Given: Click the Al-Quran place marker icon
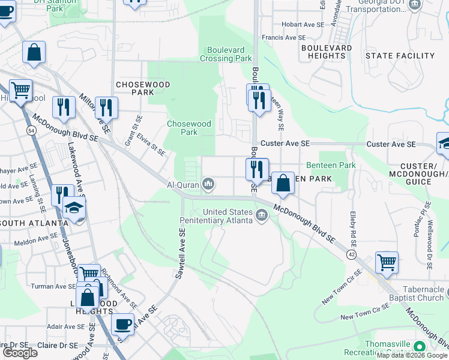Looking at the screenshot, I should (208, 183).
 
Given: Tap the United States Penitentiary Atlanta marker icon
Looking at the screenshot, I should (262, 215).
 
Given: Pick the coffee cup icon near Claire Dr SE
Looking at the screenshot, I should (122, 324).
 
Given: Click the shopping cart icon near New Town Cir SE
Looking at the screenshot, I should (387, 262).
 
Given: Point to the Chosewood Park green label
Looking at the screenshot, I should (189, 128).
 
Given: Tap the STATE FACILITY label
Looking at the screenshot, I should (400, 56).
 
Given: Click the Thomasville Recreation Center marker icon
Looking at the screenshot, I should (419, 346).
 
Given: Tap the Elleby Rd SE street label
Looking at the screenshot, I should (352, 228).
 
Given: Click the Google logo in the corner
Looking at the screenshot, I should (20, 353).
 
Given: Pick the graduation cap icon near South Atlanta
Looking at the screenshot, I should (74, 208).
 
